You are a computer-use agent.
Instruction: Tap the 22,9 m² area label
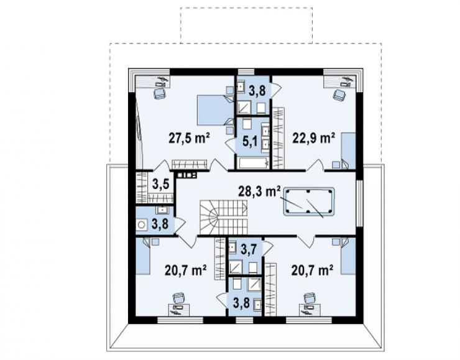point(314,138)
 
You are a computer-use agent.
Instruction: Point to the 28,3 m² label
point(259,192)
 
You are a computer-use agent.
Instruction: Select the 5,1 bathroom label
point(250,141)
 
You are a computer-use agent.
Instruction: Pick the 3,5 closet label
point(161,185)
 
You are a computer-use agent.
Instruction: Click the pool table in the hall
point(308,202)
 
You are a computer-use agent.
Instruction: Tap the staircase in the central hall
point(224,218)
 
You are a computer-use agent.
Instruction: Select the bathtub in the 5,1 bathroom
point(254,163)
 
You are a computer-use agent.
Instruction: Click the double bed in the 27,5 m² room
point(215,110)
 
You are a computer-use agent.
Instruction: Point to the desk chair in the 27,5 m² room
point(160,93)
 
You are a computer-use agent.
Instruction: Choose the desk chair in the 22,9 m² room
point(339,95)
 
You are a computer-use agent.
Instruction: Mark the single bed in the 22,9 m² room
point(348,151)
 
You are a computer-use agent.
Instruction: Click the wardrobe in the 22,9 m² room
point(278,138)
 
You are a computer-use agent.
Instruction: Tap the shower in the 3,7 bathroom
point(236,267)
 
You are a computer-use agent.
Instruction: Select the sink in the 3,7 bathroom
point(233,247)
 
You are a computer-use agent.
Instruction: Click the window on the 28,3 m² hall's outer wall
point(360,203)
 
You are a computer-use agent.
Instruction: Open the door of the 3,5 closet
point(161,165)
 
